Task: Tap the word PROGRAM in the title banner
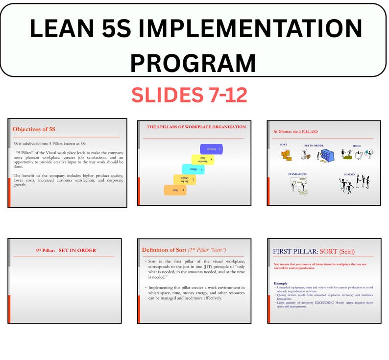point(193,63)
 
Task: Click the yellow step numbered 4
point(203,160)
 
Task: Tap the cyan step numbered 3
point(193,169)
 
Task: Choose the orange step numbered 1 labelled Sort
point(175,190)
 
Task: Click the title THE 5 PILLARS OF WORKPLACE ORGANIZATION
point(196,127)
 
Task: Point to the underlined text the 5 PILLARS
point(305,131)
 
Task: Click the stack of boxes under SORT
point(287,155)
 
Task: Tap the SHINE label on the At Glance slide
point(357,145)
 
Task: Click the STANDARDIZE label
point(298,174)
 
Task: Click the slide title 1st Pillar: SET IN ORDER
point(66,250)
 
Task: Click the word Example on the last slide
point(280,283)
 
